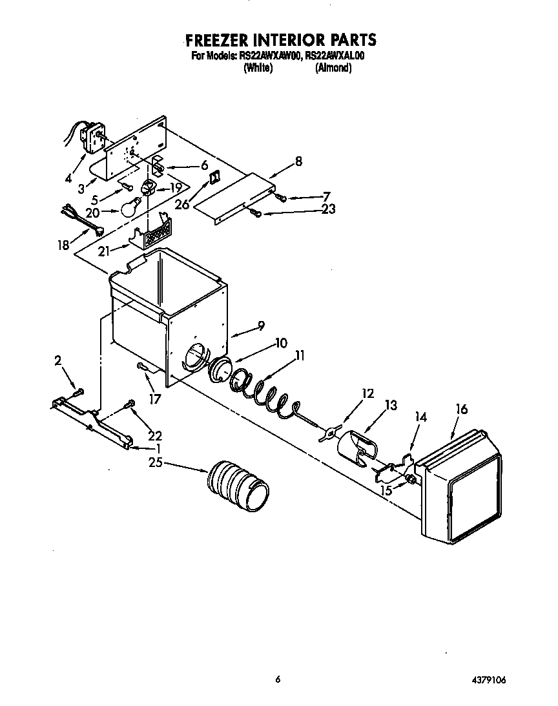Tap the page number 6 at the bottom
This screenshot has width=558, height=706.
(x=278, y=679)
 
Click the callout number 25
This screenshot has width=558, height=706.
(x=155, y=462)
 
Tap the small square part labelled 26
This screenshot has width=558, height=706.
(x=216, y=175)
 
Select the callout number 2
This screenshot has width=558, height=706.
(x=57, y=361)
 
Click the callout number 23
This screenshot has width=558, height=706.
(x=328, y=209)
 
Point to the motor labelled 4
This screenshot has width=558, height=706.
(x=90, y=136)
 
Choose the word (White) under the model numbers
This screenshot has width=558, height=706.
(x=258, y=68)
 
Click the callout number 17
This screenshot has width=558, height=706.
(x=154, y=400)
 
